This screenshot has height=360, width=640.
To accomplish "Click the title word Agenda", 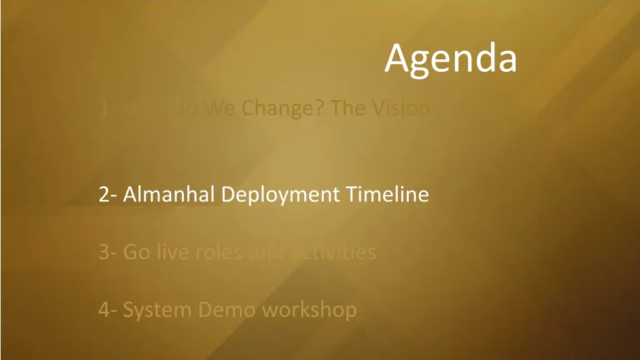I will [x=451, y=59].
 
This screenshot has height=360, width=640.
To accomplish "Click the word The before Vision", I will [x=347, y=109].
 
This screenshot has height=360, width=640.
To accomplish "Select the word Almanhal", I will [x=169, y=195].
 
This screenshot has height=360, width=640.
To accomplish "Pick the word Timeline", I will [x=387, y=195].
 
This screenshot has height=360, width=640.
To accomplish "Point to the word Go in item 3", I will [x=136, y=252].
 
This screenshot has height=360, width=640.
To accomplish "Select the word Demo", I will [x=227, y=309].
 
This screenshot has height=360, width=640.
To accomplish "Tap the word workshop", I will [x=309, y=310].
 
